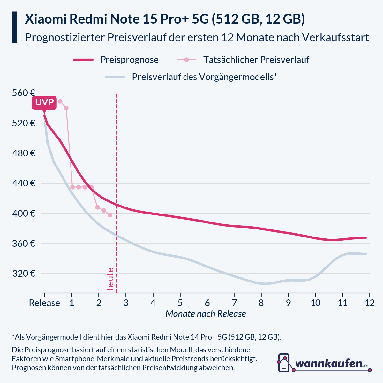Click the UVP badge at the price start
44,103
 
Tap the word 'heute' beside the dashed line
110,279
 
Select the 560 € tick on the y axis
24,93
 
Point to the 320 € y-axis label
24,274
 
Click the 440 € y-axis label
24,183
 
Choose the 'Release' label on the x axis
44,303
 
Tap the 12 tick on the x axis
370,303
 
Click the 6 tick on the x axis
207,303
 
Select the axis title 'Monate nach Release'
206,314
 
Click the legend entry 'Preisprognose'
129,60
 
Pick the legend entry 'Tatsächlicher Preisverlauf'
256,60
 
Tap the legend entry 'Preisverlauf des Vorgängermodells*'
204,77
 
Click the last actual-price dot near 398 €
110,215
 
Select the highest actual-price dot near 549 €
60,101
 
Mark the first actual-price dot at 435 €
72,187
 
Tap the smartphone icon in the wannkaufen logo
284,363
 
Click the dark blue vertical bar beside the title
14,27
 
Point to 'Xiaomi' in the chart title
45,19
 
